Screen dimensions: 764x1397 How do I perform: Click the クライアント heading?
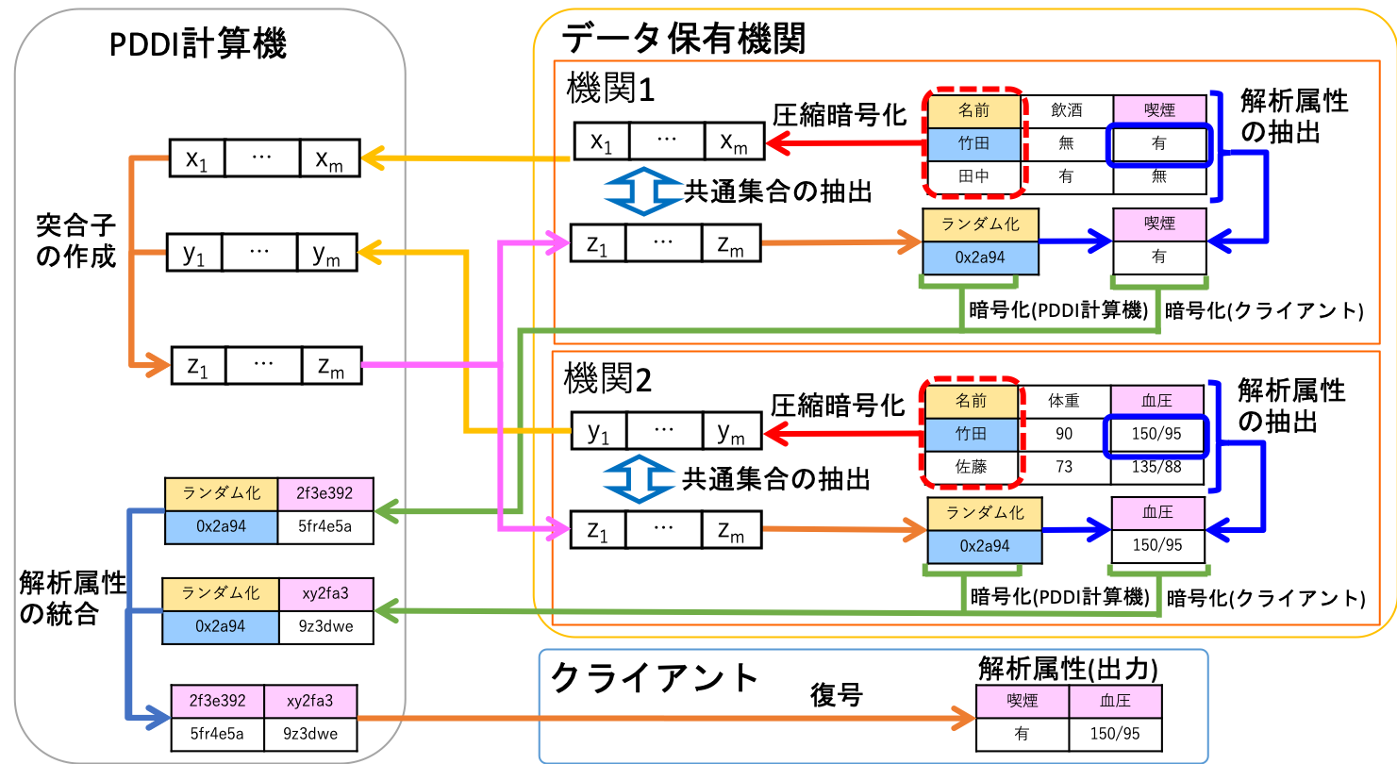tap(655, 679)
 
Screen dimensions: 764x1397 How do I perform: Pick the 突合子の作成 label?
tap(75, 240)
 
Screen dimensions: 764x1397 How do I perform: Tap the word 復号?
tap(836, 695)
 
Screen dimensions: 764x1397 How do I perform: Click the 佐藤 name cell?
tap(972, 467)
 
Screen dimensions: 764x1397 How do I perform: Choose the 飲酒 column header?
tap(1067, 110)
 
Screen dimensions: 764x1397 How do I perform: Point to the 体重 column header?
tap(1064, 401)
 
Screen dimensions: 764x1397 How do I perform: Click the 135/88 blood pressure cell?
tap(1157, 467)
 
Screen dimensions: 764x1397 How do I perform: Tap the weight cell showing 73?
tap(1064, 467)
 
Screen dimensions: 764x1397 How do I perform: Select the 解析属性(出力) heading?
tap(1068, 669)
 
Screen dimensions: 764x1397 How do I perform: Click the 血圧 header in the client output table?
tap(1115, 702)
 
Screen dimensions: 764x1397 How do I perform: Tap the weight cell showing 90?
tap(1064, 434)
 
